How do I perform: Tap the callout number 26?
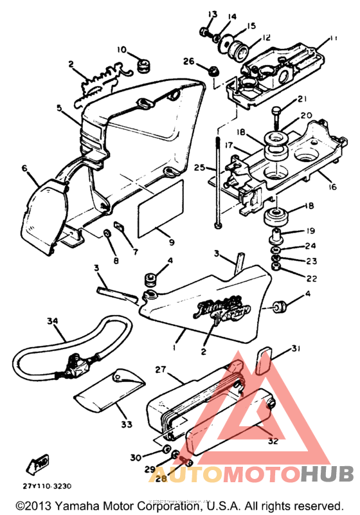[188, 62]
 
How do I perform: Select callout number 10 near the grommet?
[122, 50]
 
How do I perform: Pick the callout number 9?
[154, 242]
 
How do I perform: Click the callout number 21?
[302, 99]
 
